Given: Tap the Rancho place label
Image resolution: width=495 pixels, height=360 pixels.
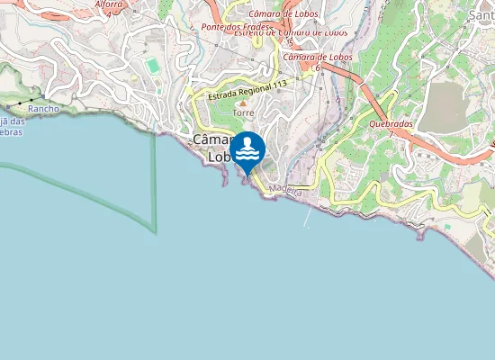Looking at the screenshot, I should (43, 108).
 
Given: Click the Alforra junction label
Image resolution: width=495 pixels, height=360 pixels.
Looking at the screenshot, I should (109, 4).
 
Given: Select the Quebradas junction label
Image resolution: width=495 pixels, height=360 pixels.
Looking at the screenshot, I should (391, 123).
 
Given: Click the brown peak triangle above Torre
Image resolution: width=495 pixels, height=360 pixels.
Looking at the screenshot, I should (241, 103).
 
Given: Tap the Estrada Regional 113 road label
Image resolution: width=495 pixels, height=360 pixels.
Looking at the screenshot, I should (247, 91).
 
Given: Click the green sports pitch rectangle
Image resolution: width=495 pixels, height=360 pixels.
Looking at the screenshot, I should (152, 66).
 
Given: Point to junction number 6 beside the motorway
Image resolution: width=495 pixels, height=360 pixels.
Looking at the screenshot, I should (317, 67).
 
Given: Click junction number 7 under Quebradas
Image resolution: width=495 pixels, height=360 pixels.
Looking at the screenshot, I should (391, 133).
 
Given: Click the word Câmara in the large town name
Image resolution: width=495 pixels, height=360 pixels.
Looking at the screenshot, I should (211, 140).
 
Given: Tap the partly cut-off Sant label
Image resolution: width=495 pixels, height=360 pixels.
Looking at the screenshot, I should (481, 14).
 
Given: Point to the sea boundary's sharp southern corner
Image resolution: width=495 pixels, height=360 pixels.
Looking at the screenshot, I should (156, 233).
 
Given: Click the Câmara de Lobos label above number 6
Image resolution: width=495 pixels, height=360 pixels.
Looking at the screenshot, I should (317, 58).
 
